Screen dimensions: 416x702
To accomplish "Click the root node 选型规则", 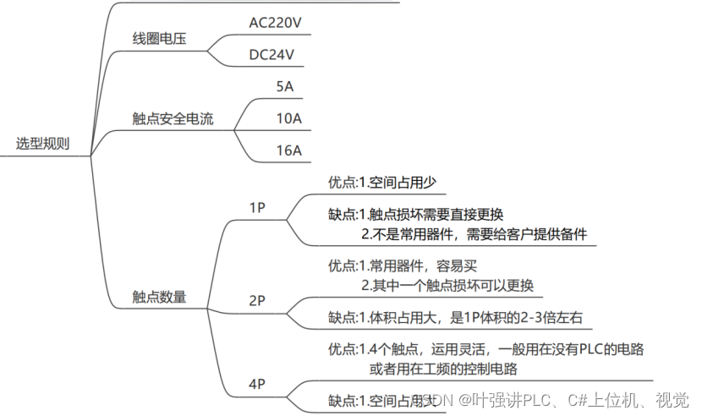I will [x=42, y=144].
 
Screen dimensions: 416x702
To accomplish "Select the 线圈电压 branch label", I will [x=159, y=39].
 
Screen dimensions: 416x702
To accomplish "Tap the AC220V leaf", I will [x=275, y=23].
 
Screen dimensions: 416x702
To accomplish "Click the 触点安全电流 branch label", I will [x=173, y=119].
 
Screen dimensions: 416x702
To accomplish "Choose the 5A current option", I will [x=284, y=86].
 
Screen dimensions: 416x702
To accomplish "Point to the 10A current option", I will [x=288, y=118].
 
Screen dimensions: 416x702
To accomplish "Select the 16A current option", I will [x=288, y=151].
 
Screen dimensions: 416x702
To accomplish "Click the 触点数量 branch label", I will [x=159, y=297].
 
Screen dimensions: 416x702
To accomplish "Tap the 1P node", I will [x=258, y=208].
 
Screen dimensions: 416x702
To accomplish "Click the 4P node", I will [x=258, y=385].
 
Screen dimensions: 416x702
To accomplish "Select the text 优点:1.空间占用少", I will [x=381, y=183].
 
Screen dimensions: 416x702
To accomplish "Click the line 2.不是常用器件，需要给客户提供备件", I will [x=474, y=234].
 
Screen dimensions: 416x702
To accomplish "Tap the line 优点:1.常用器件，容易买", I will [x=403, y=265].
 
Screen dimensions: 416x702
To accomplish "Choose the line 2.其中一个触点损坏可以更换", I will [x=447, y=285].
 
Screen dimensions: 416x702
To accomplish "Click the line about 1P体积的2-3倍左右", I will [x=455, y=318].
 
